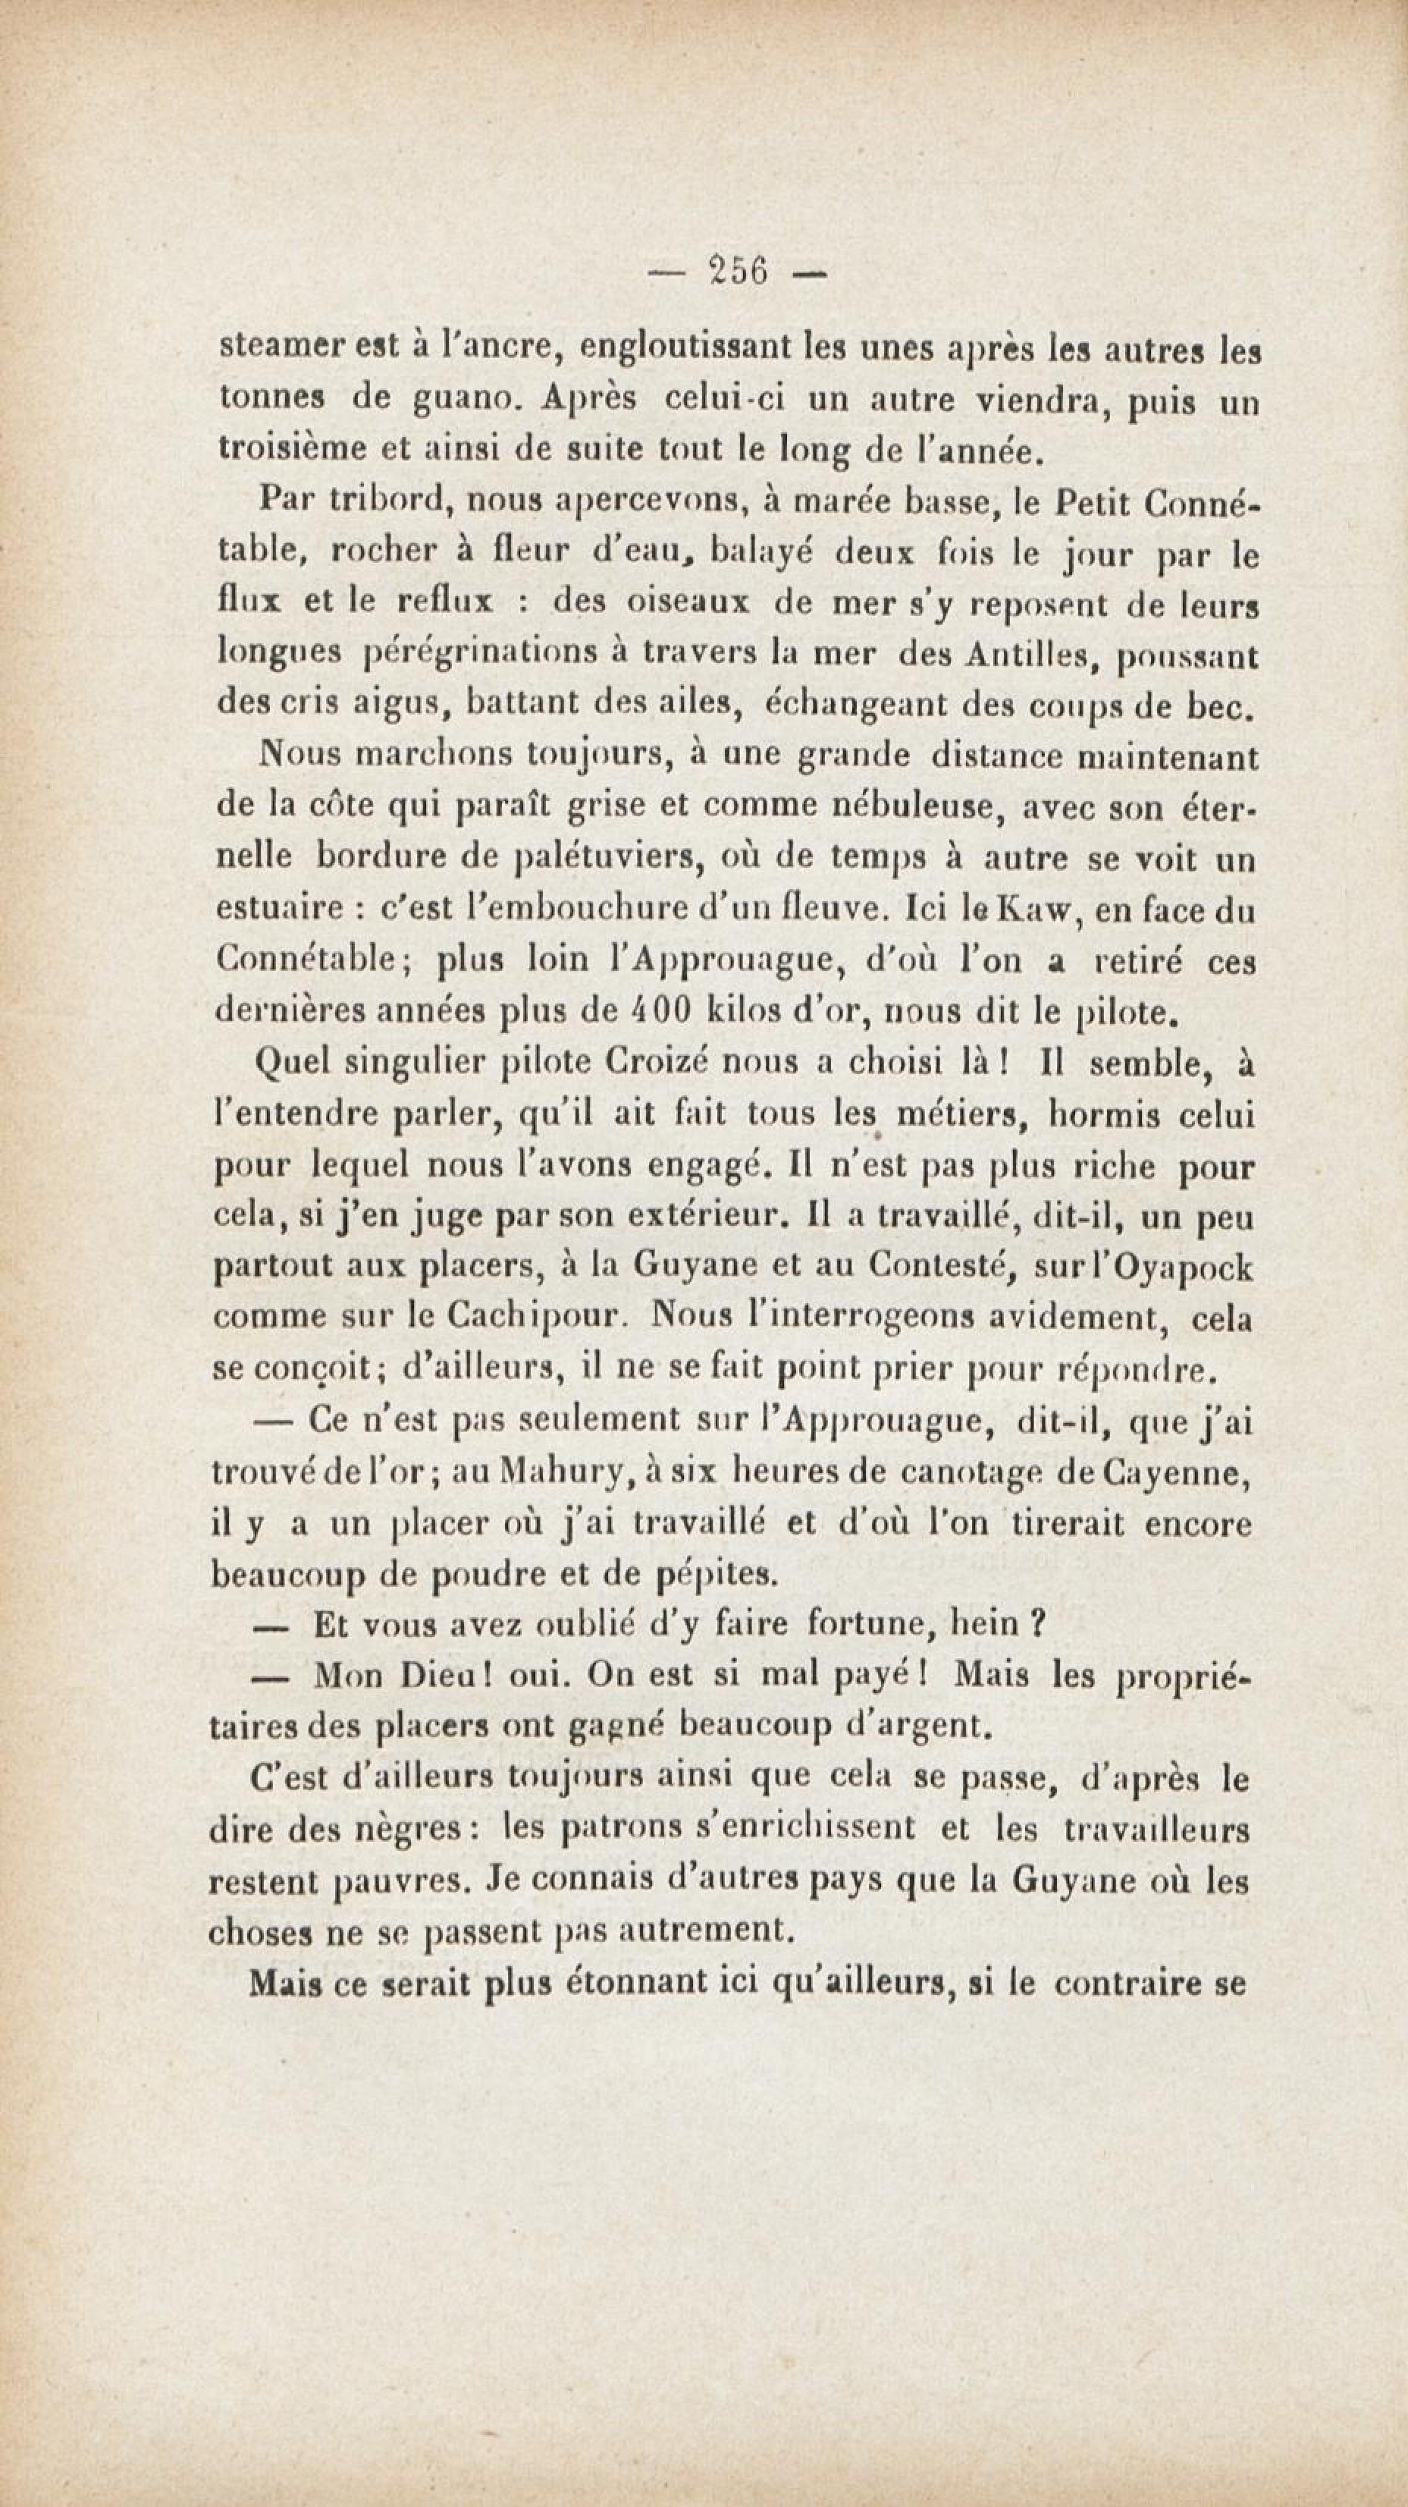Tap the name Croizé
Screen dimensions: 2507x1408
(663, 1063)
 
